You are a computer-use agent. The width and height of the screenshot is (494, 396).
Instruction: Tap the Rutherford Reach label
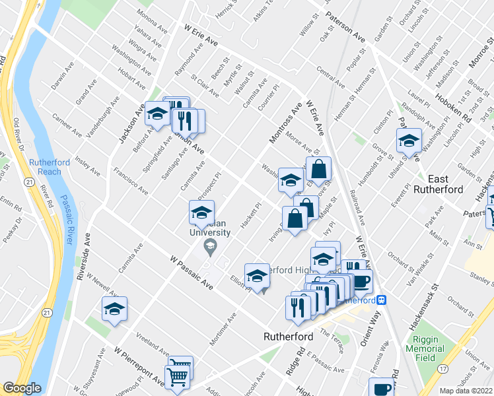click(x=45, y=167)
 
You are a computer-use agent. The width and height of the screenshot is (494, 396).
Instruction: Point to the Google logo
click(x=22, y=388)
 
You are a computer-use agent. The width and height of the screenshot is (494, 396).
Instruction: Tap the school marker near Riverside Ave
click(x=114, y=309)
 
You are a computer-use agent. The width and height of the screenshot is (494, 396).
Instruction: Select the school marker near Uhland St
click(x=409, y=141)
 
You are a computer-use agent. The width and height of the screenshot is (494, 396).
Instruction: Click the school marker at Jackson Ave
click(x=157, y=115)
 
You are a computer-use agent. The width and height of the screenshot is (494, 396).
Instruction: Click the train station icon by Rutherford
click(x=381, y=299)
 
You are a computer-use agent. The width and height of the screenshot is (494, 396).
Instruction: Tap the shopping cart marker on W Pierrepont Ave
click(x=177, y=377)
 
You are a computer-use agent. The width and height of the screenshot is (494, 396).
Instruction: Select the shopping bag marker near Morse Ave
click(x=318, y=170)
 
